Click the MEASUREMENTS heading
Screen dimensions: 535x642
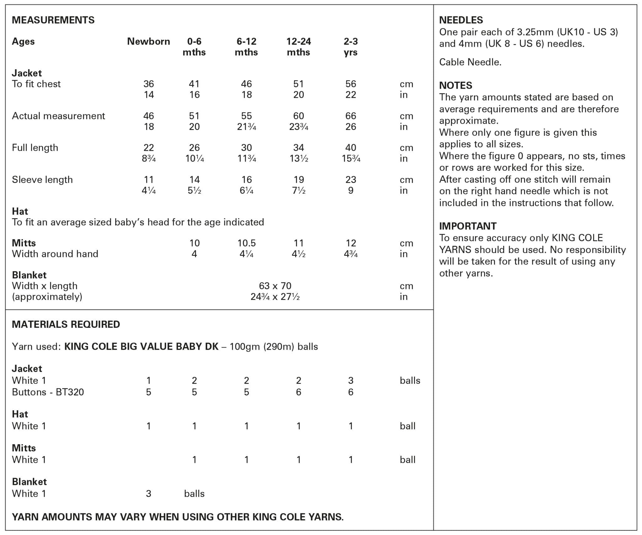pyautogui.click(x=53, y=20)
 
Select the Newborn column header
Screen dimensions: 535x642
pyautogui.click(x=148, y=41)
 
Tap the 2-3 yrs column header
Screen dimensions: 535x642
pyautogui.click(x=350, y=47)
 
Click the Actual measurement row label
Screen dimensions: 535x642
pyautogui.click(x=58, y=116)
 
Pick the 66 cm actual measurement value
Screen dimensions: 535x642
pyautogui.click(x=350, y=116)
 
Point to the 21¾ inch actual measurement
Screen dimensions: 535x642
pyautogui.click(x=247, y=127)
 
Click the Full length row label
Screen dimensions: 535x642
pyautogui.click(x=35, y=148)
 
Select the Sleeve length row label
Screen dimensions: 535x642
pyautogui.click(x=42, y=180)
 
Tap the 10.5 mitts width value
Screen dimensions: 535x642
pyautogui.click(x=246, y=243)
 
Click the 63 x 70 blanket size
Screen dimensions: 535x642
pyautogui.click(x=275, y=286)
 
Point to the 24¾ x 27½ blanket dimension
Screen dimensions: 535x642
pyautogui.click(x=275, y=297)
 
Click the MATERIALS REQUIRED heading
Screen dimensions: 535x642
pyautogui.click(x=66, y=324)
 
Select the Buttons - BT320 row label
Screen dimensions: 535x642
pyautogui.click(x=48, y=392)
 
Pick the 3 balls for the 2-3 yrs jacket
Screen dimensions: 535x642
pyautogui.click(x=350, y=380)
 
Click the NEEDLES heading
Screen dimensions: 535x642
pyautogui.click(x=461, y=20)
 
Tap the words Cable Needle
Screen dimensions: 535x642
pyautogui.click(x=470, y=62)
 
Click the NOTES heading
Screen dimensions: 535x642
pyautogui.click(x=455, y=85)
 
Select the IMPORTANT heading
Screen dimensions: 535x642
pyautogui.click(x=467, y=226)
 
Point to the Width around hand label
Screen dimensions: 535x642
pyautogui.click(x=55, y=254)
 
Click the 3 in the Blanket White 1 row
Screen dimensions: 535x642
pyautogui.click(x=148, y=494)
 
